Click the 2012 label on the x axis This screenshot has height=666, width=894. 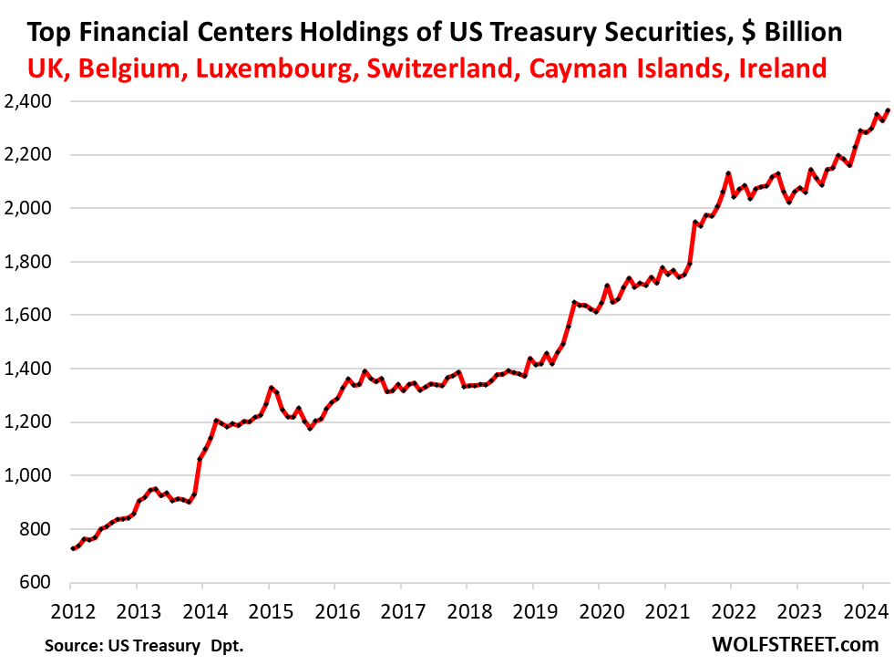[x=72, y=609]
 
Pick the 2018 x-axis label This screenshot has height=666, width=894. [x=467, y=609]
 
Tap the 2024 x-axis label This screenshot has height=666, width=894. [x=861, y=609]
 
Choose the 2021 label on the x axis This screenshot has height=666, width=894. [x=664, y=609]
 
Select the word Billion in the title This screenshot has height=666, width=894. [x=795, y=34]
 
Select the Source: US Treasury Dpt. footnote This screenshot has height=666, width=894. [x=144, y=646]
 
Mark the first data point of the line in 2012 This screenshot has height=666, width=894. [x=73, y=548]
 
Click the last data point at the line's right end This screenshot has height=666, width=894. [x=888, y=110]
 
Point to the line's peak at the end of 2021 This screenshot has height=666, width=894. [x=728, y=172]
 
